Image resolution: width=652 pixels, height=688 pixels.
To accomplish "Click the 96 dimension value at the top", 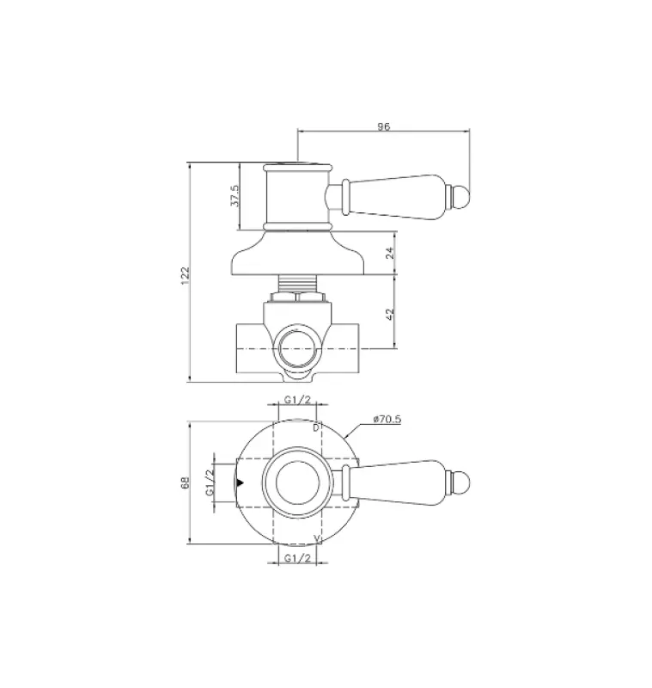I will click(x=383, y=126).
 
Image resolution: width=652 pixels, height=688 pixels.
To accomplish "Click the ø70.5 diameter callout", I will click(x=388, y=419).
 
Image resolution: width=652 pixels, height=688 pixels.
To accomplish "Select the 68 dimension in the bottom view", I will click(x=185, y=483).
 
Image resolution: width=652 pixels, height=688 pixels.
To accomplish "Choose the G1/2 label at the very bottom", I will click(x=296, y=559).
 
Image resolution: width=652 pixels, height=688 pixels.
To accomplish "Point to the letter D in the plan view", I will click(x=315, y=427).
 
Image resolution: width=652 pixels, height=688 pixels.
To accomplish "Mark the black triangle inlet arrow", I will click(x=241, y=483).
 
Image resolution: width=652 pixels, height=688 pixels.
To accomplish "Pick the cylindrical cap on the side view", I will click(x=296, y=196).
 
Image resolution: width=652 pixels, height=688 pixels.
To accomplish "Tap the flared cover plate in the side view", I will click(x=296, y=255).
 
